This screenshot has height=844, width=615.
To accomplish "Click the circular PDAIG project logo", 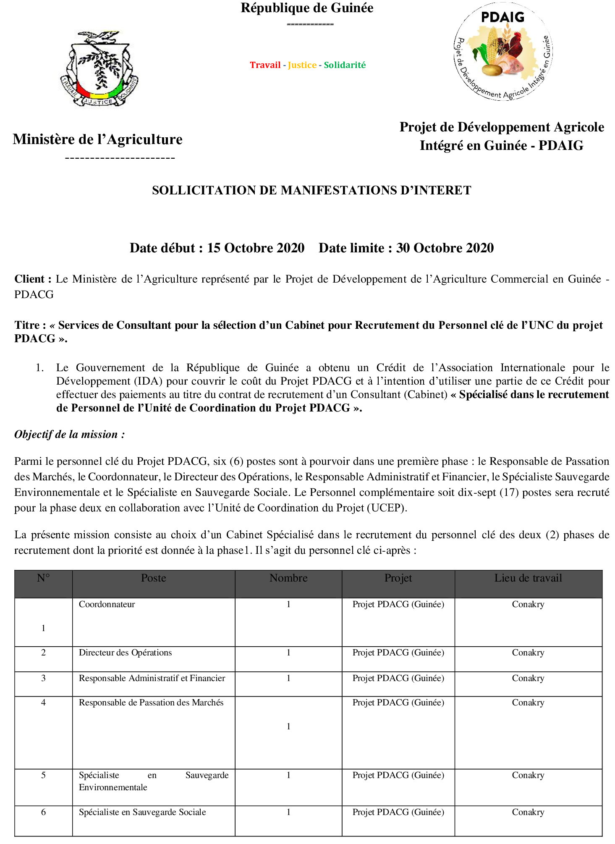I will (x=503, y=52).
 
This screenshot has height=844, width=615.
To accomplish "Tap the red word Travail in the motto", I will (x=265, y=65).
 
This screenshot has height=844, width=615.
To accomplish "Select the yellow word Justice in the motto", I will (x=302, y=65).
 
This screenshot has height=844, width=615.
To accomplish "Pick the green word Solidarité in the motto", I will (x=345, y=65).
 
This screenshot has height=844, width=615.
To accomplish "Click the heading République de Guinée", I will (x=307, y=8).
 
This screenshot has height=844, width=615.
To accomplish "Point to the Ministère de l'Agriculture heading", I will (x=97, y=139).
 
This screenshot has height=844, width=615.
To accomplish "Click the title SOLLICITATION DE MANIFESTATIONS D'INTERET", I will (x=311, y=191).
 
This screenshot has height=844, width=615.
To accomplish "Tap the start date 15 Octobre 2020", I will (x=256, y=248).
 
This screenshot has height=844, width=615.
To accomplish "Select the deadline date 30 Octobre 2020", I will (x=445, y=248).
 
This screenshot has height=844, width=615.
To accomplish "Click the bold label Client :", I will (x=33, y=279).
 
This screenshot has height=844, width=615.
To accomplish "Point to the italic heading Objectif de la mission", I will (x=69, y=435).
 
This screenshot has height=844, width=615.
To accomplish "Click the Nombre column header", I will (x=288, y=578).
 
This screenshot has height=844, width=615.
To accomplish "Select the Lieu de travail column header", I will (x=528, y=578).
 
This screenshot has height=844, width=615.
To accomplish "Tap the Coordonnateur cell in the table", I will (x=107, y=605).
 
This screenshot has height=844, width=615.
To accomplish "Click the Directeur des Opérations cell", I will (x=125, y=653).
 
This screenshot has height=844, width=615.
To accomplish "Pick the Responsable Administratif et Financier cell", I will (x=152, y=679).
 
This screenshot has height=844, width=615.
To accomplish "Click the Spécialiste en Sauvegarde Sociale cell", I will (x=142, y=813).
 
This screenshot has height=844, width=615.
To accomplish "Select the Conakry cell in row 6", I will (x=528, y=813).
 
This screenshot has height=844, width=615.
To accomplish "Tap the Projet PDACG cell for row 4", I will (x=398, y=703).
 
